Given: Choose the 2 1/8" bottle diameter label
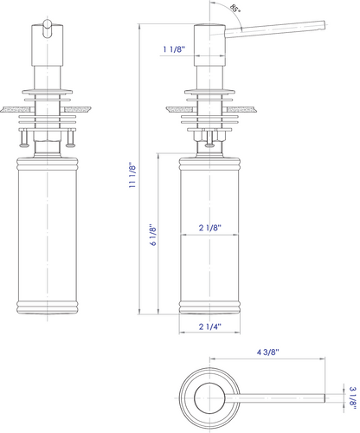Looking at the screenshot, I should [209, 228].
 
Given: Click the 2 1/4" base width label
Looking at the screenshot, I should [209, 326].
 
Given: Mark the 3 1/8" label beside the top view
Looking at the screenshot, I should [351, 397].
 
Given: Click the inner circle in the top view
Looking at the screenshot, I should [209, 398].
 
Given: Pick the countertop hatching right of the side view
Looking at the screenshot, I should [246, 108].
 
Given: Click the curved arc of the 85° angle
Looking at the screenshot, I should [234, 17].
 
